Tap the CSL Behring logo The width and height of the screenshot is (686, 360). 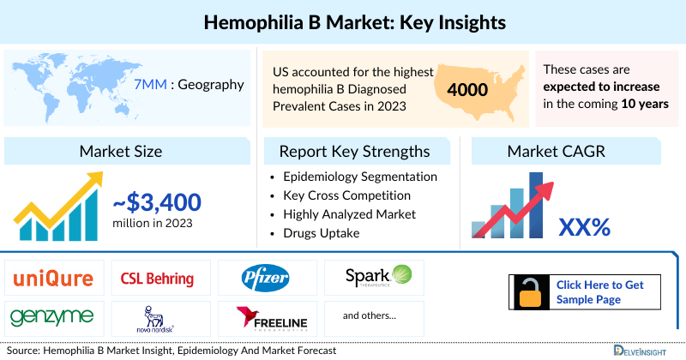(x=158, y=279)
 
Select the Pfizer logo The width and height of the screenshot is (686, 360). (x=265, y=278)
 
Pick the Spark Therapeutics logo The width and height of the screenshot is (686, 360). (x=378, y=276)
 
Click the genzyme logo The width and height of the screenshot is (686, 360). (x=53, y=317)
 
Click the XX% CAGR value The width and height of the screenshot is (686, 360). (x=584, y=226)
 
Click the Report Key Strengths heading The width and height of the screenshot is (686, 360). (x=354, y=152)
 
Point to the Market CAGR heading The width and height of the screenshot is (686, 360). (x=558, y=152)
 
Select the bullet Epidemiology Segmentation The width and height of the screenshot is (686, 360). (x=359, y=177)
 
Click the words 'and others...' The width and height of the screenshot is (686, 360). (x=370, y=316)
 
